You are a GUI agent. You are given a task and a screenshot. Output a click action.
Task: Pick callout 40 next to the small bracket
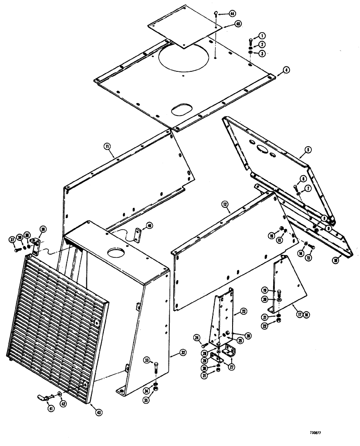pos(150,225)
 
